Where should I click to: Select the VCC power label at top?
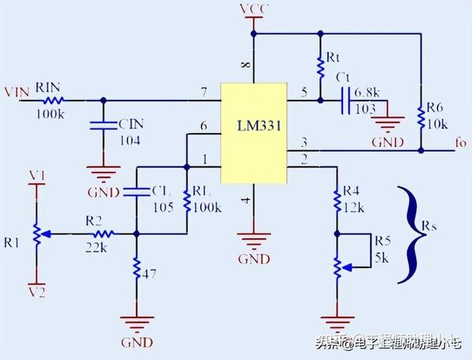tap(253, 9)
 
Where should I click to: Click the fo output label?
tap(460, 141)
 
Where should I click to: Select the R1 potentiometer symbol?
tap(35, 233)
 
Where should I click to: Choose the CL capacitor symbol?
tap(136, 190)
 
